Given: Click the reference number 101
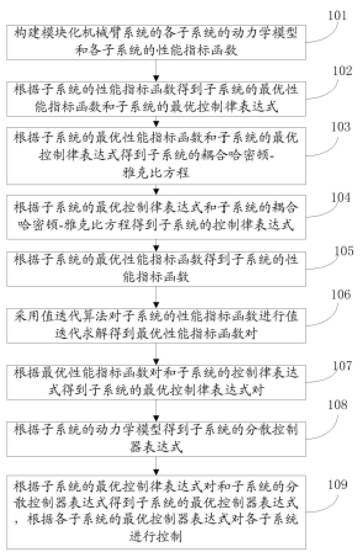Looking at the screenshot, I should pos(337,15).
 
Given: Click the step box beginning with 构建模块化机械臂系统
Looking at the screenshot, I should pos(158,41).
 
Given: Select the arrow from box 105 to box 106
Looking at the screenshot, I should pos(158,299).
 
